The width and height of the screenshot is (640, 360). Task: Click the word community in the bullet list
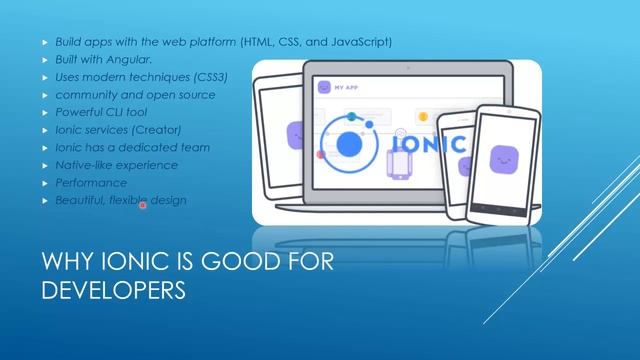[84, 95]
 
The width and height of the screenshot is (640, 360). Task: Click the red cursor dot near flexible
[143, 205]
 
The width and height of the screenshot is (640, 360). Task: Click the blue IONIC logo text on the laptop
[428, 144]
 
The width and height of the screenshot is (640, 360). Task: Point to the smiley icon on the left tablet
[295, 134]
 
